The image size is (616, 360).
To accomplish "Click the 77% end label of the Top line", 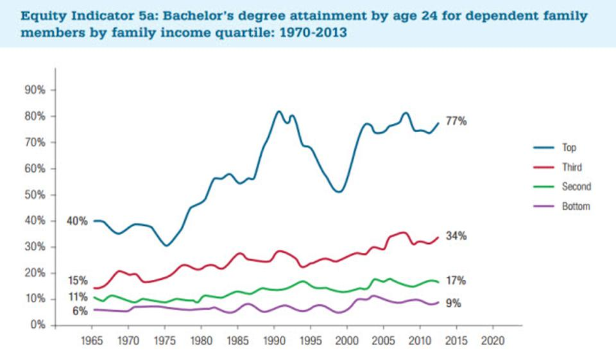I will click(457, 121).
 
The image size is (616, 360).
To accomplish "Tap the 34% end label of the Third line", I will click(456, 236).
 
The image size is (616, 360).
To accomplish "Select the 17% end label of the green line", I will click(456, 280).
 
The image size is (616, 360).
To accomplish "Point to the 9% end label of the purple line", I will click(454, 304).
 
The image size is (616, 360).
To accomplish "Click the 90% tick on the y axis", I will click(35, 90).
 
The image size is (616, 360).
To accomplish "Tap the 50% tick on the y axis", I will click(35, 195).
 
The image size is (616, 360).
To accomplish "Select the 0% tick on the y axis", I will click(37, 325).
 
